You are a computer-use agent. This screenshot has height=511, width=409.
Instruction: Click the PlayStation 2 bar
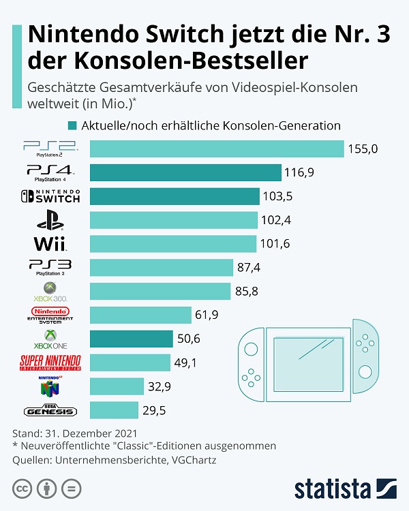click(217, 149)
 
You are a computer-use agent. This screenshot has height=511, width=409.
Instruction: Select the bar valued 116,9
click(185, 172)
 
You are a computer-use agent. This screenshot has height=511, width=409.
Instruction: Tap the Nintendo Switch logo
click(50, 196)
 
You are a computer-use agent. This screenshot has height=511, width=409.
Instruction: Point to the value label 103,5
click(277, 196)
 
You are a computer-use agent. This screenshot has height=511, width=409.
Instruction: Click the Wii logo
click(50, 243)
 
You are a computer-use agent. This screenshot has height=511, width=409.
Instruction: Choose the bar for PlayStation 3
click(164, 267)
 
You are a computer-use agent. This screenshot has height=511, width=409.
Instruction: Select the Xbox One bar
click(131, 339)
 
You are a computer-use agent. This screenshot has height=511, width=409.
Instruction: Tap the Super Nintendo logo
click(50, 362)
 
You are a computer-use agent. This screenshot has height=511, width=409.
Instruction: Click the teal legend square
click(72, 125)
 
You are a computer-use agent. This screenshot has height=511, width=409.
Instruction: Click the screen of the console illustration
click(309, 360)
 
